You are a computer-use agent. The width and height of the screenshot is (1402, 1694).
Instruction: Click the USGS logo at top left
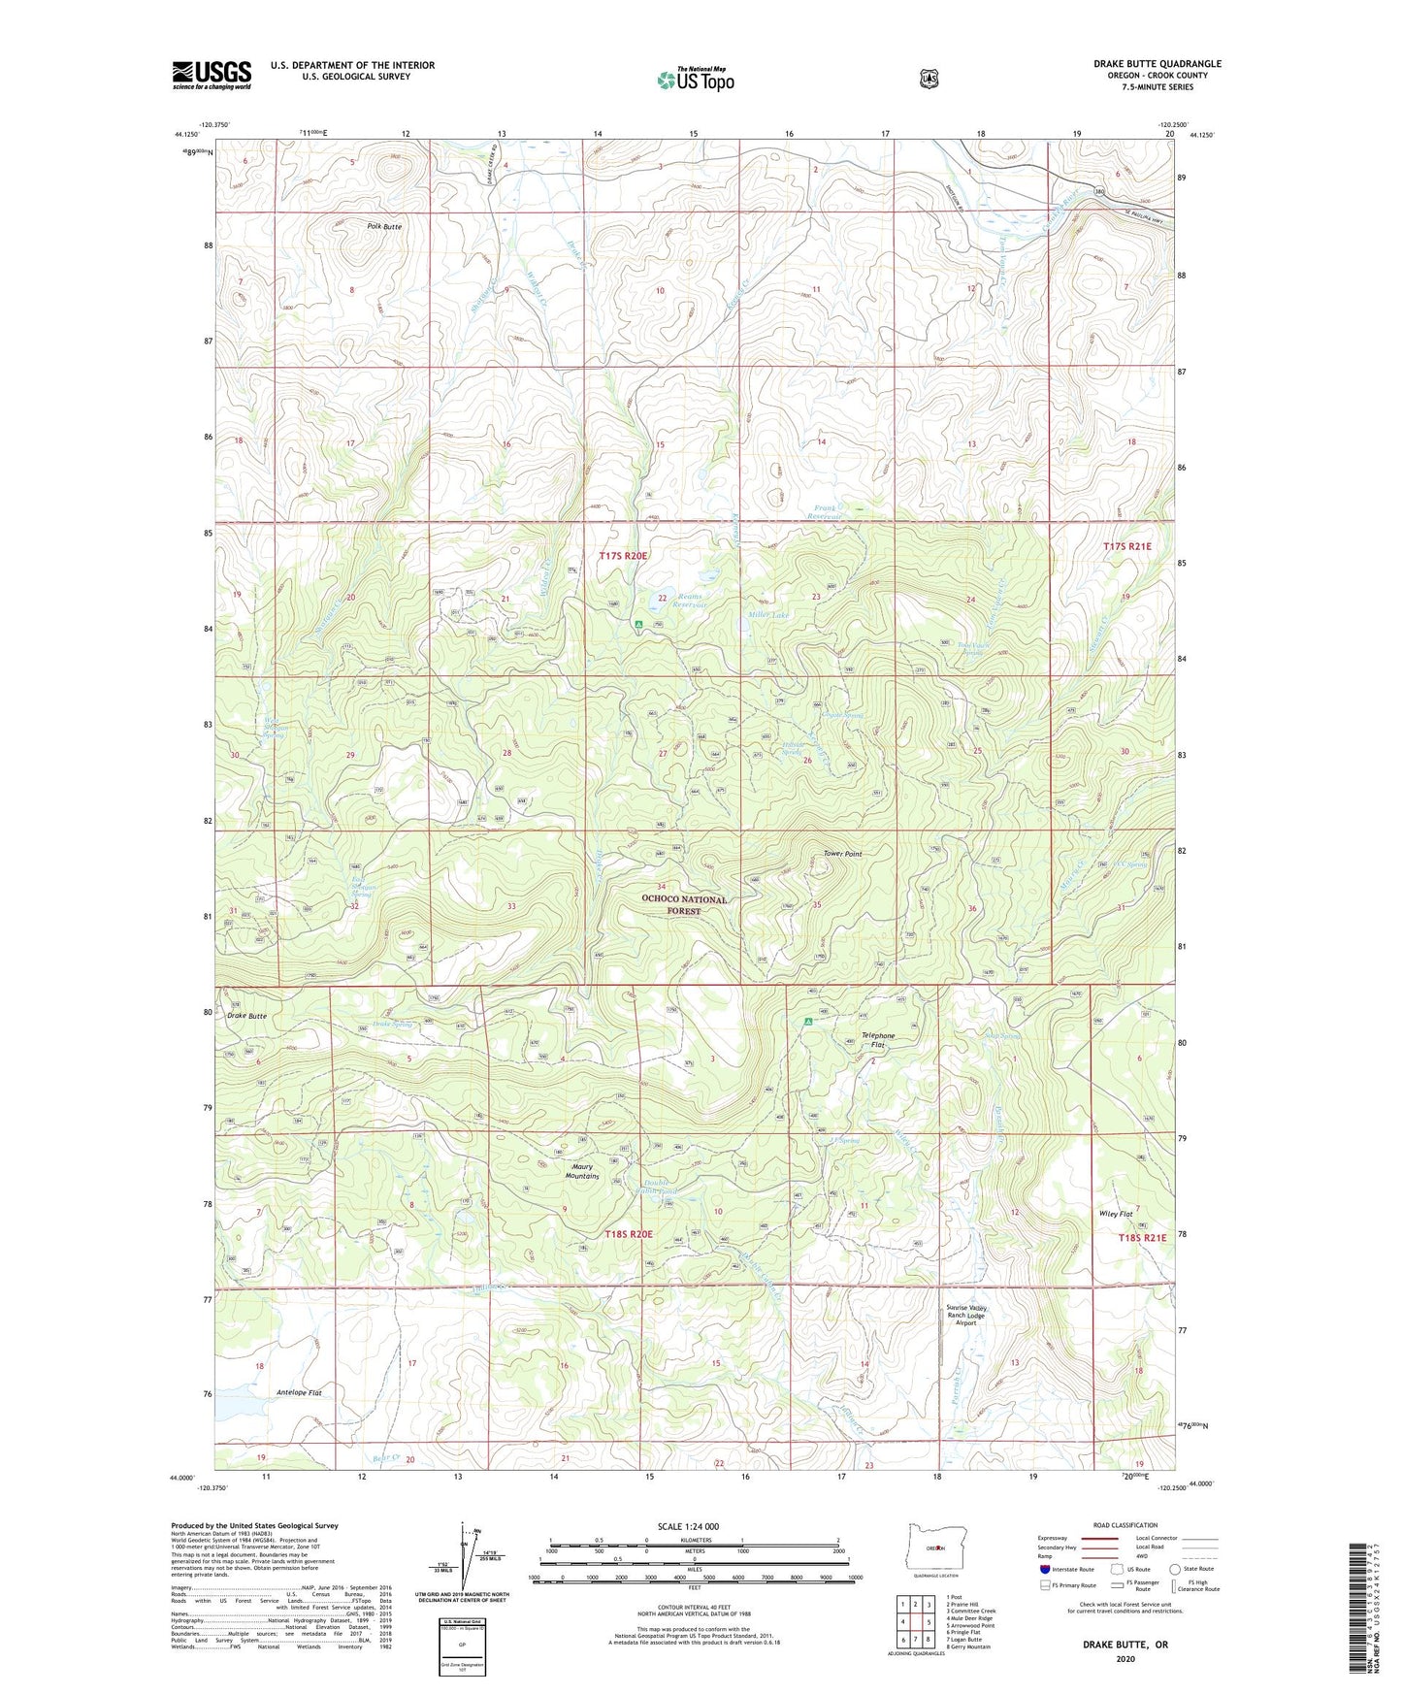tap(212, 75)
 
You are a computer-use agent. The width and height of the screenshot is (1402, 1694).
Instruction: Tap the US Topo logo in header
tap(695, 80)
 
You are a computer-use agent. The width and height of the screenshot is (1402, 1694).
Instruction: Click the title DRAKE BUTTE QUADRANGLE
tap(1157, 64)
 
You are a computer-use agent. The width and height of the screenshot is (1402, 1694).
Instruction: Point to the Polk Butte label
tap(384, 226)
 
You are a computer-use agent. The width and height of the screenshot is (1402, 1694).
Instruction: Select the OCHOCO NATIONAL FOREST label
tap(684, 905)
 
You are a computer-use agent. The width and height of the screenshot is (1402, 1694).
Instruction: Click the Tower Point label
tap(842, 854)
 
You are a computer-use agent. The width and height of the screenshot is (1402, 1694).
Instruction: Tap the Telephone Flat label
tap(878, 1040)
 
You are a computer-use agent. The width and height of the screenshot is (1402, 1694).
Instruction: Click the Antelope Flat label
tap(299, 1392)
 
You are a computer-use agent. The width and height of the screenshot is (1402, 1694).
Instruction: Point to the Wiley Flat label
tap(1116, 1214)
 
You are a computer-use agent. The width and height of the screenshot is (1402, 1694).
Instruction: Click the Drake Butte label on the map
tap(246, 1016)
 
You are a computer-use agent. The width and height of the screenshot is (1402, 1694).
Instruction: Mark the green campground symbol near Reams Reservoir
tap(638, 624)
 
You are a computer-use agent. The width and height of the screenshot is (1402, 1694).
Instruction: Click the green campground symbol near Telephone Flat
tap(808, 1021)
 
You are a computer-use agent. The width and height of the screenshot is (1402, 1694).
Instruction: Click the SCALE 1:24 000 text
tap(688, 1526)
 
